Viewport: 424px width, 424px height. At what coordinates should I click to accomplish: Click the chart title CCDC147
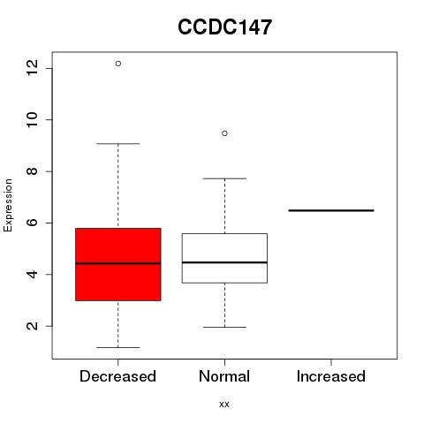(224, 27)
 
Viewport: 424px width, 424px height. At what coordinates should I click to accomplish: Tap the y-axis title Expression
(8, 205)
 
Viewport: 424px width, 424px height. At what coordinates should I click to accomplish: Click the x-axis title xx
(224, 404)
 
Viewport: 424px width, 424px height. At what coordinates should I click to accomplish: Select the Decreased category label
(117, 376)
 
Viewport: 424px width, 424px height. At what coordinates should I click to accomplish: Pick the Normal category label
(224, 376)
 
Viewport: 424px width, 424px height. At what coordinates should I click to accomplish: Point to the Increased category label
(331, 376)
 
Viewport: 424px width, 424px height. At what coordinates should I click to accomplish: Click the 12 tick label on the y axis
(32, 68)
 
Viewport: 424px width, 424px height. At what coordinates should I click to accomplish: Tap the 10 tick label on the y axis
(32, 119)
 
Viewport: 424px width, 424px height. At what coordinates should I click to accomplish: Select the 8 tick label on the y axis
(32, 171)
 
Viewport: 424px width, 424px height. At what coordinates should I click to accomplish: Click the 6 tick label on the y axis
(32, 223)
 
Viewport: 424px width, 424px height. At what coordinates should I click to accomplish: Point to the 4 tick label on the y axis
(32, 275)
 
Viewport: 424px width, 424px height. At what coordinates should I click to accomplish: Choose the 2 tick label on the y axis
(32, 326)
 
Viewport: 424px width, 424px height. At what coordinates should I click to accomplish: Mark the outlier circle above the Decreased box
(118, 64)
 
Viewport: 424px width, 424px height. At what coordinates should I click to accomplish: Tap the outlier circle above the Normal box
(224, 133)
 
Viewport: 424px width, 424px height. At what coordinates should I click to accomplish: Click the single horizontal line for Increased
(331, 210)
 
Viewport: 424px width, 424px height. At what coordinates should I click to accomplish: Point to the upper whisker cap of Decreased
(118, 144)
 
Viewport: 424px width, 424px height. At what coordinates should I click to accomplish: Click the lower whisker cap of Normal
(224, 327)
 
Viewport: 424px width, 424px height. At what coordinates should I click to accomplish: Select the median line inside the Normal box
(224, 262)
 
